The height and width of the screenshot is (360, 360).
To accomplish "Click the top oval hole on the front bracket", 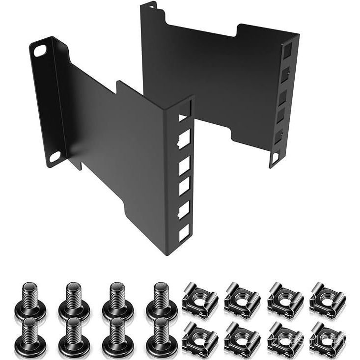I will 40,50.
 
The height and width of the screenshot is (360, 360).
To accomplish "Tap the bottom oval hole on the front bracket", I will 55,157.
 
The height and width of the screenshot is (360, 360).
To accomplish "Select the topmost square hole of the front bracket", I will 184,115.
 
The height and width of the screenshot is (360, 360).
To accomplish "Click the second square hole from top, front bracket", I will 184,140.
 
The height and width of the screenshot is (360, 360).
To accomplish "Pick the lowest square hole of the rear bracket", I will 275,157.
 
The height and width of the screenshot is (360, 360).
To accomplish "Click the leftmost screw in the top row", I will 30,299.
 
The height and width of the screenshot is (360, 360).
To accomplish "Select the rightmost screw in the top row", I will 161,299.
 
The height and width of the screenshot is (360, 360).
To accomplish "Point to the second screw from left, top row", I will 74,299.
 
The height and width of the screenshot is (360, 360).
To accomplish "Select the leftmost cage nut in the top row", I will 199,299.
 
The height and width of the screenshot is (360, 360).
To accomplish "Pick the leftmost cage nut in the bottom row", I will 199,338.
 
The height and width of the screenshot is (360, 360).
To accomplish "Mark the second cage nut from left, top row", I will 242,299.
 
